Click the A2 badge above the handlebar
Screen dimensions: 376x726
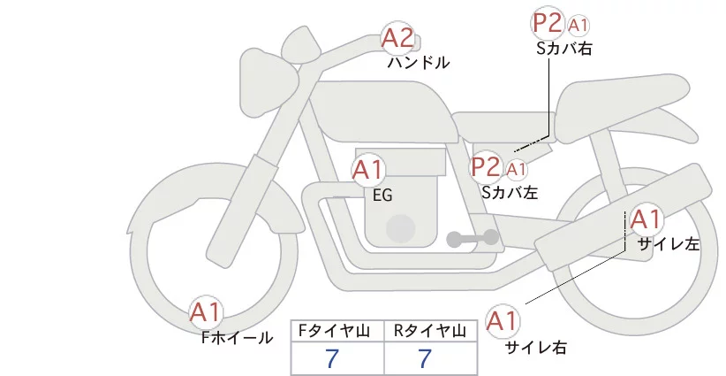click(x=397, y=38)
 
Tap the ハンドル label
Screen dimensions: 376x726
click(x=419, y=63)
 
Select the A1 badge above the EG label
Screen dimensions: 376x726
click(x=368, y=170)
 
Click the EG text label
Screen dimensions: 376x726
click(x=382, y=196)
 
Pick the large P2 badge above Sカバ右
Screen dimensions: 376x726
click(x=547, y=24)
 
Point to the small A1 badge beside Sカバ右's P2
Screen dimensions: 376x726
click(x=579, y=25)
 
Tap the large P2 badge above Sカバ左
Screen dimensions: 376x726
click(x=485, y=166)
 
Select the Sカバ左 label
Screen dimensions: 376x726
click(x=510, y=191)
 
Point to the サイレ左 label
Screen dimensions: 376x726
click(x=669, y=243)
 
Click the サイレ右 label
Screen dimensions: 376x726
click(x=536, y=347)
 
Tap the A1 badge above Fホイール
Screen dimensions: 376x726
click(x=207, y=311)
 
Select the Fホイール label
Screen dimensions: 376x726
click(x=237, y=337)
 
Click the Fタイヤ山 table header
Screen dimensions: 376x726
click(x=337, y=331)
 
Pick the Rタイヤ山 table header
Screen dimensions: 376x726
click(x=432, y=331)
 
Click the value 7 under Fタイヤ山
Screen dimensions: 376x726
click(x=332, y=358)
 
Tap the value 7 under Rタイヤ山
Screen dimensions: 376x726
click(x=426, y=358)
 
